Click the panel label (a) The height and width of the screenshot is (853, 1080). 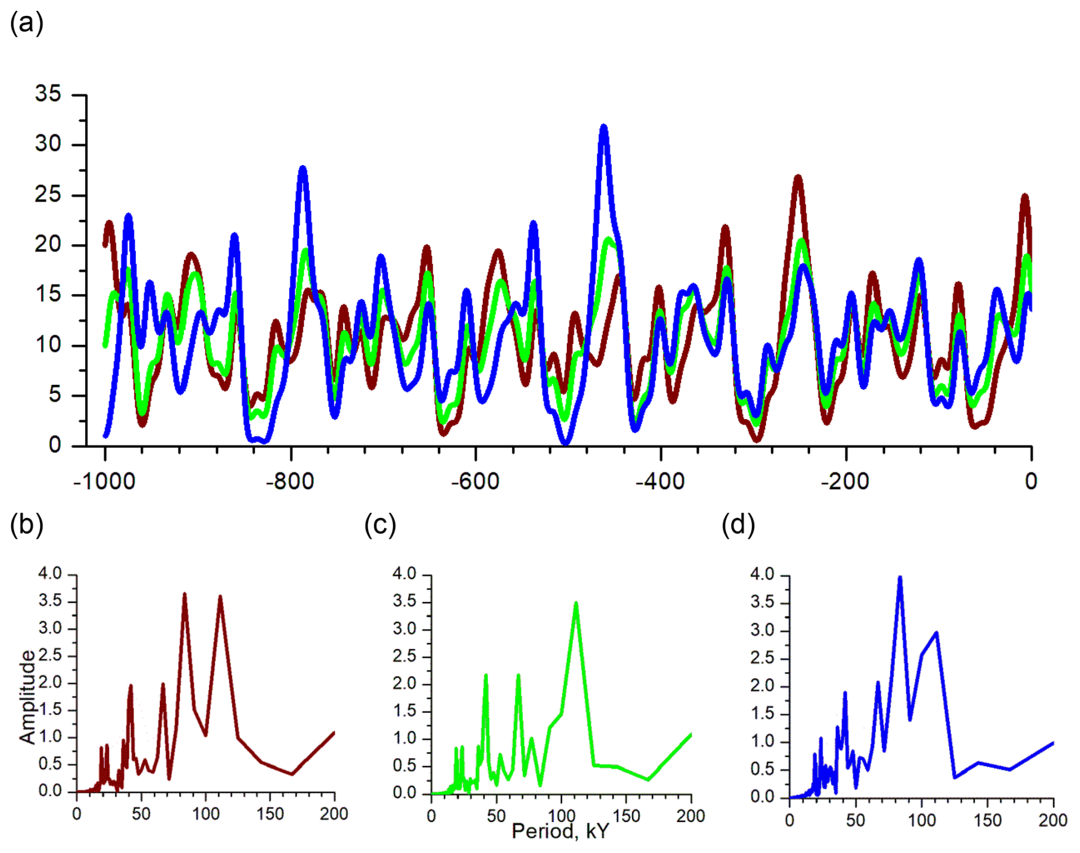click(x=26, y=24)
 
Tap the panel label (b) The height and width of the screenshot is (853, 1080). click(x=26, y=524)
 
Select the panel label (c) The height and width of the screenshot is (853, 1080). click(x=380, y=524)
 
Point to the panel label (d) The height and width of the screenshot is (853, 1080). click(x=738, y=524)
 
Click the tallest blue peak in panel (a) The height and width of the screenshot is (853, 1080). click(x=603, y=128)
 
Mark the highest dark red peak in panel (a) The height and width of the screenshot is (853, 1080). click(x=798, y=178)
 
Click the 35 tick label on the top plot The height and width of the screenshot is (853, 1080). click(x=48, y=94)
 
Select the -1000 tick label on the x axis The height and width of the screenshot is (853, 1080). click(x=104, y=481)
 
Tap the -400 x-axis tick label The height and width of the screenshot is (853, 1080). click(x=660, y=481)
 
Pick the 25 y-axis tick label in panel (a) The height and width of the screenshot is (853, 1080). click(x=48, y=195)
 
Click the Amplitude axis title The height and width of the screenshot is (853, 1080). click(x=27, y=697)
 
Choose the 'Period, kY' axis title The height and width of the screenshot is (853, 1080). click(x=560, y=831)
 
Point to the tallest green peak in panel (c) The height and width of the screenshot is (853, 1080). click(x=576, y=603)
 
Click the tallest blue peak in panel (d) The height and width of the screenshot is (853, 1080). click(x=900, y=578)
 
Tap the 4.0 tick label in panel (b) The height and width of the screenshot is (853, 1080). click(x=50, y=574)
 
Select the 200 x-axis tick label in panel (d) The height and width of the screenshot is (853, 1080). click(x=1053, y=820)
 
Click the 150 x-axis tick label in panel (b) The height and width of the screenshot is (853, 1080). click(x=270, y=814)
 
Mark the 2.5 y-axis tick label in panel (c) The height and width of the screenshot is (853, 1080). click(x=405, y=657)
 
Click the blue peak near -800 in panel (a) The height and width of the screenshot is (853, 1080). click(x=303, y=169)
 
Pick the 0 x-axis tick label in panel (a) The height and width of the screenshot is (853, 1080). click(x=1031, y=481)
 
